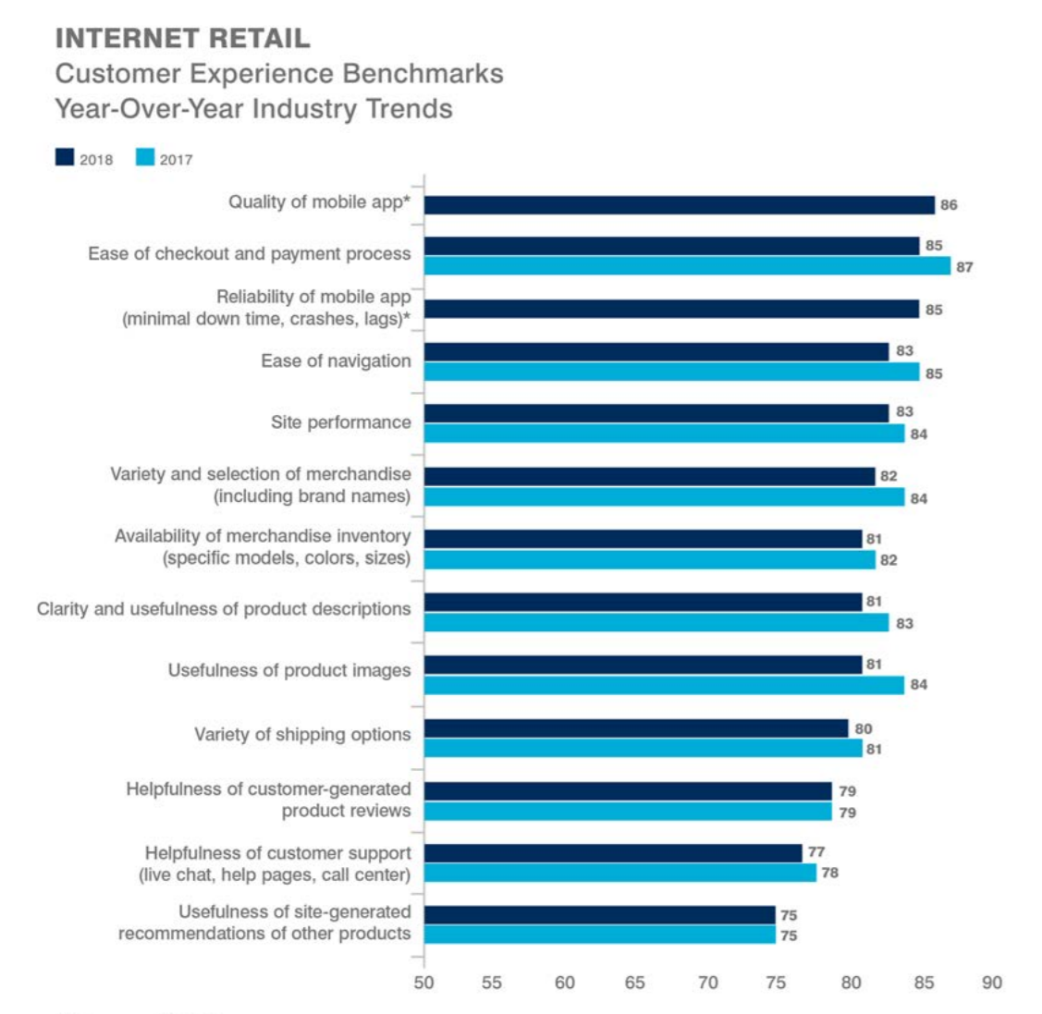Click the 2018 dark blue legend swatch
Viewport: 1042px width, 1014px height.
pyautogui.click(x=65, y=158)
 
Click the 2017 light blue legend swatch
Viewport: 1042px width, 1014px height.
pyautogui.click(x=145, y=158)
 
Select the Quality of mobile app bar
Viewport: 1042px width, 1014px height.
pyautogui.click(x=680, y=204)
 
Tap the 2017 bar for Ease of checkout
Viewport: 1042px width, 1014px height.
pyautogui.click(x=687, y=266)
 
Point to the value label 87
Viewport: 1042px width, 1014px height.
pyautogui.click(x=964, y=267)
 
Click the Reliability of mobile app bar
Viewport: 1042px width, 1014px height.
pyautogui.click(x=671, y=309)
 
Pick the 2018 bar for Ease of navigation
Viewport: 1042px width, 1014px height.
pyautogui.click(x=656, y=351)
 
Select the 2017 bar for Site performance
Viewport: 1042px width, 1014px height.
pyautogui.click(x=664, y=433)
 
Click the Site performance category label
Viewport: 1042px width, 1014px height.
pyautogui.click(x=340, y=422)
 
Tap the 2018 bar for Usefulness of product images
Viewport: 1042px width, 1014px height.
pyautogui.click(x=643, y=665)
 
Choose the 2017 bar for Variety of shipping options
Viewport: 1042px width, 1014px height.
pyautogui.click(x=643, y=748)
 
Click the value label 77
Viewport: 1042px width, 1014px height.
pyautogui.click(x=815, y=852)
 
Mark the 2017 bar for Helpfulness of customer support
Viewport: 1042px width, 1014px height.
pyautogui.click(x=619, y=873)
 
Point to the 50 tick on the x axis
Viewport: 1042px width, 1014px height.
pyautogui.click(x=423, y=983)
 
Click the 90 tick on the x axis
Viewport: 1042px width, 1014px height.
pyautogui.click(x=991, y=983)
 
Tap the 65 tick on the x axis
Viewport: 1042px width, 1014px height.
pyautogui.click(x=635, y=983)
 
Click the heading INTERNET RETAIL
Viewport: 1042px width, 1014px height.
pyautogui.click(x=182, y=38)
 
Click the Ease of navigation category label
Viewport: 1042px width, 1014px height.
pyautogui.click(x=336, y=361)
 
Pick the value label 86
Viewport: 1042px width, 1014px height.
pyautogui.click(x=949, y=205)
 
